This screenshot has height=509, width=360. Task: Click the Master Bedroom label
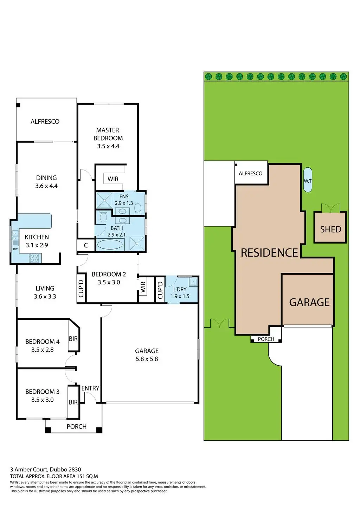(x=108, y=134)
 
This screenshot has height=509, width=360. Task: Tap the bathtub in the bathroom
(x=110, y=244)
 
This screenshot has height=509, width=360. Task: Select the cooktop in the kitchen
(x=34, y=258)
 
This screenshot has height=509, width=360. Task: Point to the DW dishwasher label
(x=15, y=249)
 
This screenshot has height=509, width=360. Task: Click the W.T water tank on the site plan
(x=308, y=180)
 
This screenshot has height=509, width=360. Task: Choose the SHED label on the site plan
(x=330, y=230)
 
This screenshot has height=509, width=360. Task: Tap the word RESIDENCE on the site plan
(x=269, y=253)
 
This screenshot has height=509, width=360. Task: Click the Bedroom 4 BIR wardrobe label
(x=73, y=339)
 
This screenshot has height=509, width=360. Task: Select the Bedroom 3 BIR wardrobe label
(x=73, y=402)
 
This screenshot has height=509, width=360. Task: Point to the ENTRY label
(x=90, y=388)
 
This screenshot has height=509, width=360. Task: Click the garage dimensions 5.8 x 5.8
(x=147, y=359)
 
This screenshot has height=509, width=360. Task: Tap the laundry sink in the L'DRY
(x=193, y=281)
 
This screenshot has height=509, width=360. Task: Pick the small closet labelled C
(x=86, y=246)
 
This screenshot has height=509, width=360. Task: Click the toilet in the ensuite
(x=137, y=210)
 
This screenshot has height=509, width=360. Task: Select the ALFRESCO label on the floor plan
(x=45, y=122)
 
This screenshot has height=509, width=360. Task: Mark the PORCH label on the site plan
(x=266, y=339)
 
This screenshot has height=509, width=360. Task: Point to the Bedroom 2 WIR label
(x=143, y=287)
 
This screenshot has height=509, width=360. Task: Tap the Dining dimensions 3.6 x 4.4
(x=46, y=186)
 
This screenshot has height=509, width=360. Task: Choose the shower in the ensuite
(x=104, y=200)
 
